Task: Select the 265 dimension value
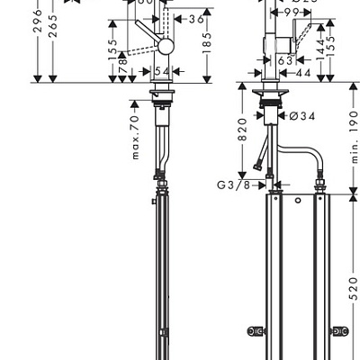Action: tap(53, 32)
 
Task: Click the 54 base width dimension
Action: tap(164, 71)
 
